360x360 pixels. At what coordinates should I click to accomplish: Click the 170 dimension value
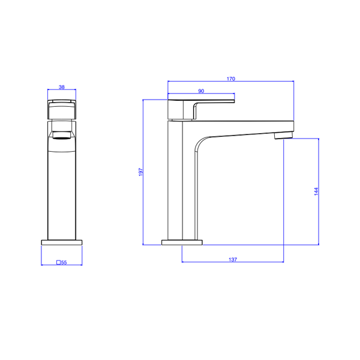click(231, 79)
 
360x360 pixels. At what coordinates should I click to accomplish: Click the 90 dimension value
click(201, 91)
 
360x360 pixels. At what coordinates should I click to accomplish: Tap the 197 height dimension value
click(140, 172)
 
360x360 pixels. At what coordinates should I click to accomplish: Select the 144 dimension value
click(316, 191)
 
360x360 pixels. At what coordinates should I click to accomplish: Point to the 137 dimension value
click(233, 259)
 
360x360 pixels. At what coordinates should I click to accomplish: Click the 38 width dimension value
click(62, 87)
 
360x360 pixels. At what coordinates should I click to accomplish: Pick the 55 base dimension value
click(64, 262)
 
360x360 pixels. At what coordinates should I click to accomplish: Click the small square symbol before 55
click(58, 262)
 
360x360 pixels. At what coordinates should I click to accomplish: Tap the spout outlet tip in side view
click(284, 136)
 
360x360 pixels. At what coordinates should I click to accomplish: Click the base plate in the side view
click(182, 242)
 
